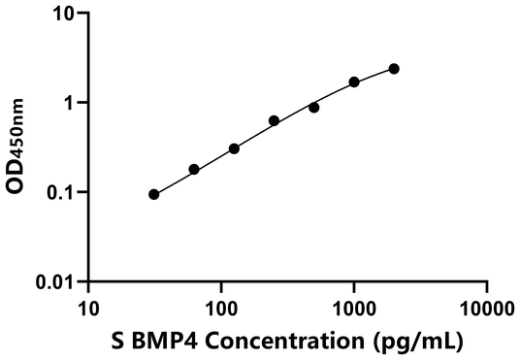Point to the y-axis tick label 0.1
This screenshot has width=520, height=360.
tap(61, 192)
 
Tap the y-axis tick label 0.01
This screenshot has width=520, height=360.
tap(56, 281)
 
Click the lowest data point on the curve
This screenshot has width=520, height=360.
tap(153, 194)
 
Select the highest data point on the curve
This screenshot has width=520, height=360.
tap(394, 69)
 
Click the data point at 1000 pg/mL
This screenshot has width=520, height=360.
tap(354, 82)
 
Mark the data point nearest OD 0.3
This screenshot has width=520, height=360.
tap(234, 148)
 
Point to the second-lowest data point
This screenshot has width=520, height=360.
tap(194, 170)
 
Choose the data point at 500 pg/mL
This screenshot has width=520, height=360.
tap(314, 108)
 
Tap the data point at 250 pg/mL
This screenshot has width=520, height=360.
tap(275, 121)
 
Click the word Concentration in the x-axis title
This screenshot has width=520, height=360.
tap(299, 341)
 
